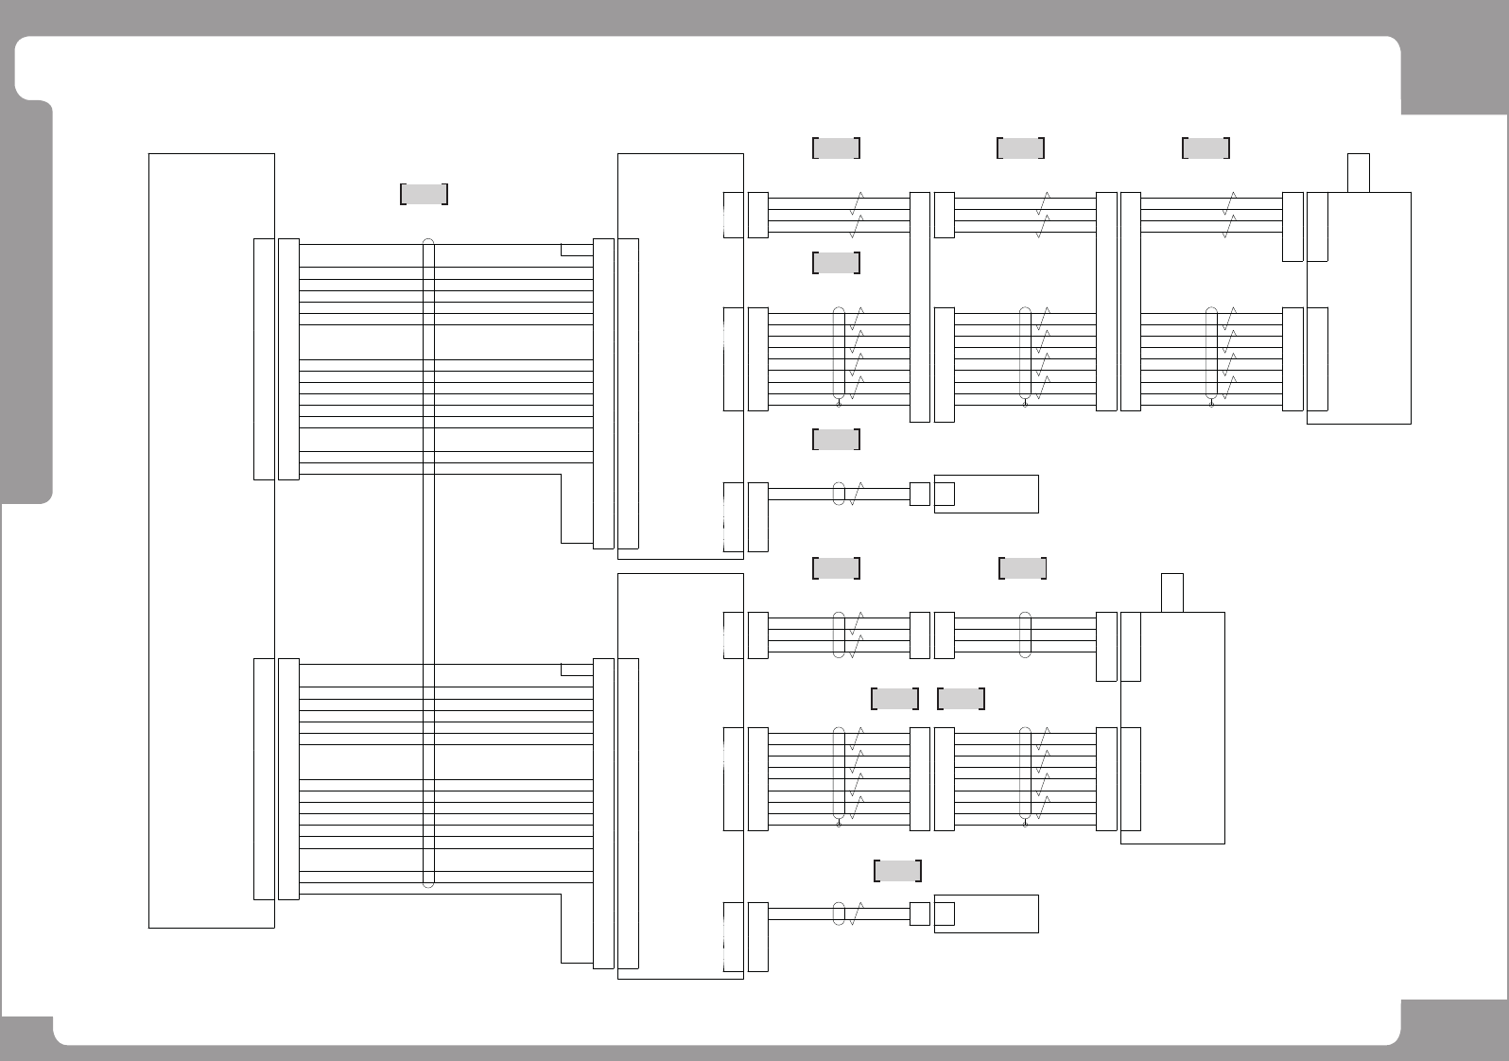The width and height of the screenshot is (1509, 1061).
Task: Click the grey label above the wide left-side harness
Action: [x=424, y=194]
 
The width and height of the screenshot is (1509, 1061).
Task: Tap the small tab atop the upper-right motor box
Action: [x=1359, y=172]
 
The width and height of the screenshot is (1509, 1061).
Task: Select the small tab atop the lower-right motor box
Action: [x=1172, y=592]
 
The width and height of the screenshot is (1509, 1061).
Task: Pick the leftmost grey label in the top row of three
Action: [x=836, y=148]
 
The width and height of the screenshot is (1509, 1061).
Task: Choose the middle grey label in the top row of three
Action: [x=1020, y=148]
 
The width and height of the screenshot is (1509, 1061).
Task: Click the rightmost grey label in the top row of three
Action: [x=1205, y=148]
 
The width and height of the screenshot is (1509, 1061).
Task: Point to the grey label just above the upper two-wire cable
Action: [x=836, y=439]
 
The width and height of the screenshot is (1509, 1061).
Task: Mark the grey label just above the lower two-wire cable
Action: [x=897, y=871]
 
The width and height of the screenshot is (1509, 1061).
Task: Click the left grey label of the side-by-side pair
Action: [x=893, y=699]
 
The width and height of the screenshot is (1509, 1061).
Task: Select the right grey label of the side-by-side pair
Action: [x=961, y=699]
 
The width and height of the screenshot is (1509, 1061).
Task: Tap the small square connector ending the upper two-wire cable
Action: [x=919, y=494]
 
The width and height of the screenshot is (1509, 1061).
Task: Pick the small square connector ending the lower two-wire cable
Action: [x=919, y=913]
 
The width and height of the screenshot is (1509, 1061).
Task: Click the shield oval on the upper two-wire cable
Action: [x=839, y=494]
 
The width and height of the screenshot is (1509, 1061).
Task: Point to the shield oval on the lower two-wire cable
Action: [x=839, y=913]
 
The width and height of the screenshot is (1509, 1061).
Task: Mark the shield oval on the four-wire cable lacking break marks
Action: [x=1025, y=635]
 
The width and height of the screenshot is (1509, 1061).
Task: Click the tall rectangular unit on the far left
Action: [x=211, y=540]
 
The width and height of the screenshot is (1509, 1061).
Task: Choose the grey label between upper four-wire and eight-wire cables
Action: [x=836, y=262]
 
